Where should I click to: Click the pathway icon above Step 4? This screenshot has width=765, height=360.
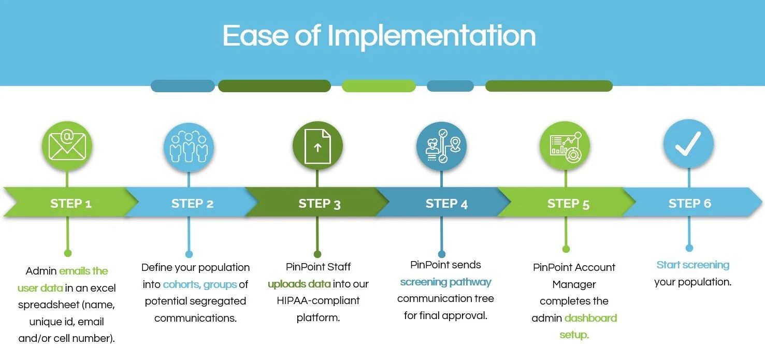tap(441, 146)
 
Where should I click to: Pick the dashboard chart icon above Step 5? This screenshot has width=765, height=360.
tap(565, 146)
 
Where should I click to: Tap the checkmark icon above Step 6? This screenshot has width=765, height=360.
tap(688, 143)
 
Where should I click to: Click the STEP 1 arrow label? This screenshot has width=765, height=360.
tap(71, 204)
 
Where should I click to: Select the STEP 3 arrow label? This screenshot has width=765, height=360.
tap(319, 204)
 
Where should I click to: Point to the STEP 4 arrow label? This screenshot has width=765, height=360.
tap(446, 204)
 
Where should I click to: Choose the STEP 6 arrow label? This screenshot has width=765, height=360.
tap(690, 204)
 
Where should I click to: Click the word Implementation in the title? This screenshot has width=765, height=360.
tap(431, 36)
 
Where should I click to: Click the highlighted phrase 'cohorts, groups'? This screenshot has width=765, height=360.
tap(200, 284)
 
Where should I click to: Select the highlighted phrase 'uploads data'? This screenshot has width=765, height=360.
tap(299, 284)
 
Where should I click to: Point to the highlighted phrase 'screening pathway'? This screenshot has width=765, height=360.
tap(445, 282)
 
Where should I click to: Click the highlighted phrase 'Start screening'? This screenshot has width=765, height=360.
tap(693, 265)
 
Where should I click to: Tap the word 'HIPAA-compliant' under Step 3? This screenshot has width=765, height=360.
tap(319, 300)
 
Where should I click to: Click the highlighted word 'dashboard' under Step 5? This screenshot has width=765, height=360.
tap(590, 318)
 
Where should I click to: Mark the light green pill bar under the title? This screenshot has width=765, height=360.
tap(379, 86)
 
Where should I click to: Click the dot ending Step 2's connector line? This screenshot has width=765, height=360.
tap(189, 254)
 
